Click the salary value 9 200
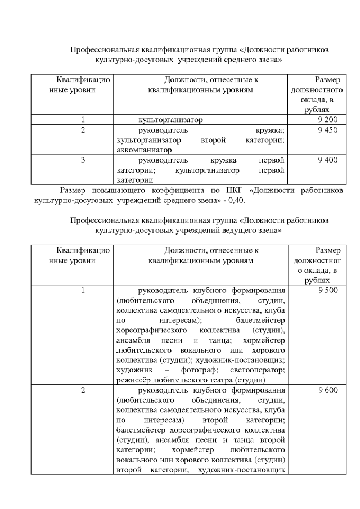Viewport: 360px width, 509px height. [327, 120]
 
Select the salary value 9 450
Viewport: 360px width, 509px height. [327, 130]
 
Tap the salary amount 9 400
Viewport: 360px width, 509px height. [327, 160]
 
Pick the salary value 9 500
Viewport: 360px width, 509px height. [327, 290]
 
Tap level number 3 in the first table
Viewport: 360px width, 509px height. [83, 160]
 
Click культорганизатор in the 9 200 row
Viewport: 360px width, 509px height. [170, 120]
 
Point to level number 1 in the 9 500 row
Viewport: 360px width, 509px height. [83, 290]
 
